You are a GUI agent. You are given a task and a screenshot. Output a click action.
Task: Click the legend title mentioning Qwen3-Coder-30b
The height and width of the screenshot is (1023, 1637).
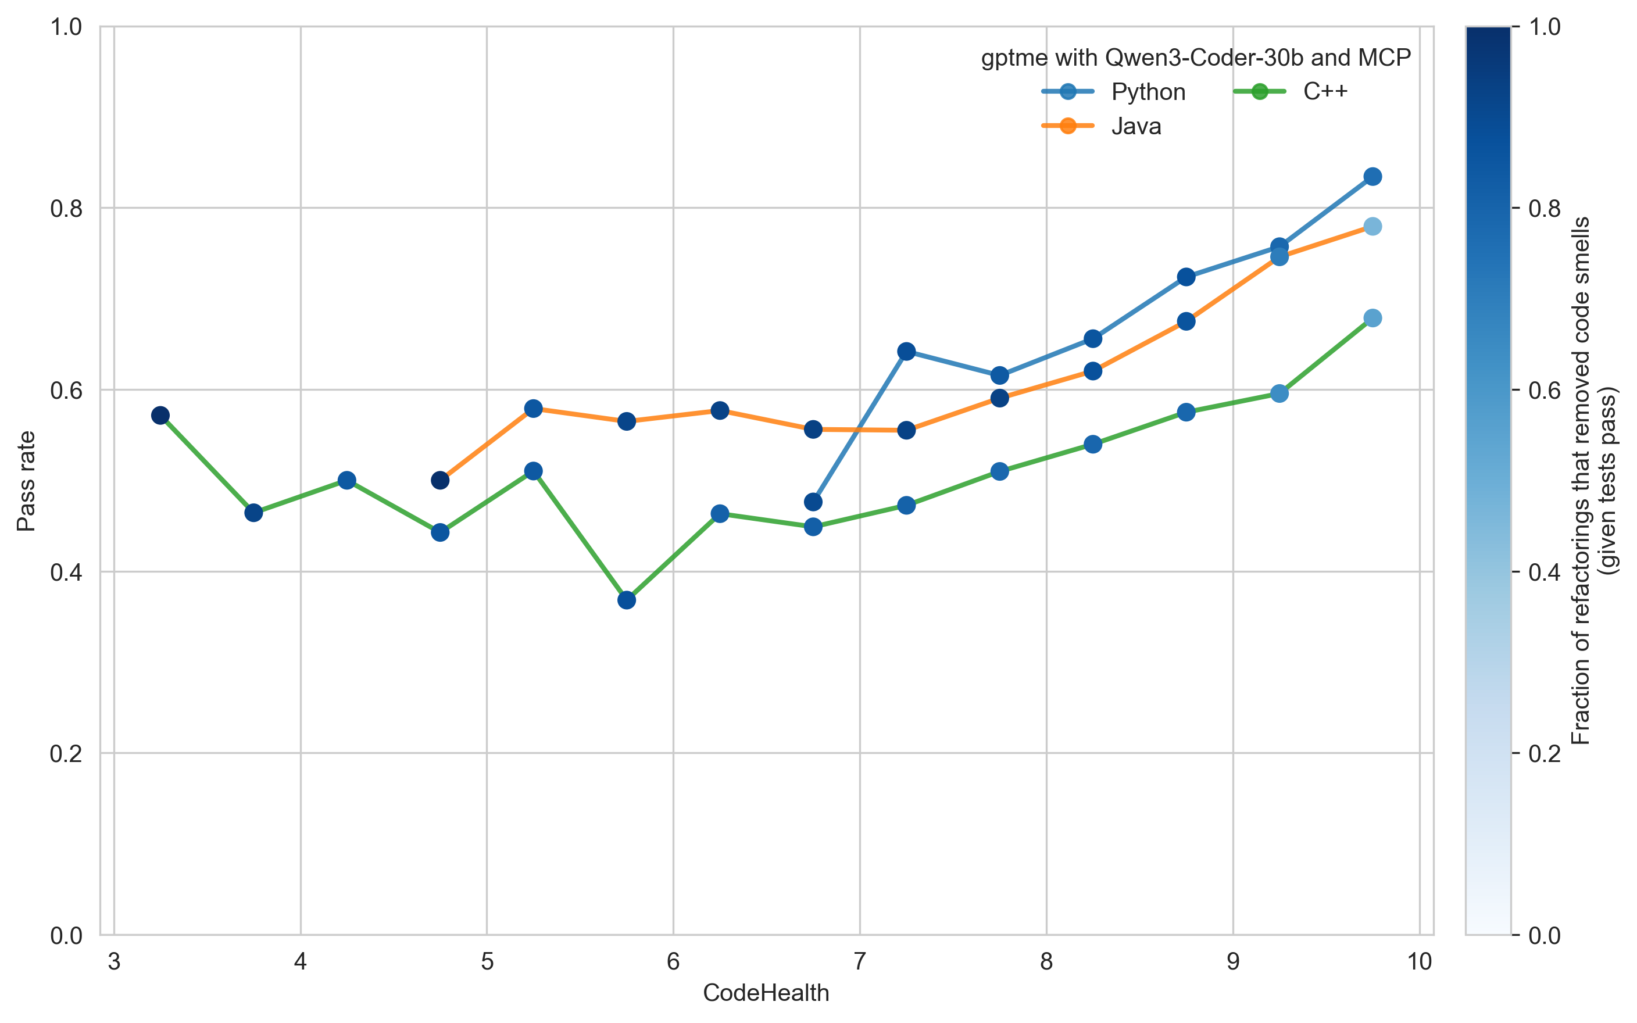[1195, 58]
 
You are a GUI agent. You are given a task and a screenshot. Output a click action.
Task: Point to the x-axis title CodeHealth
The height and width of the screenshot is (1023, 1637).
[766, 993]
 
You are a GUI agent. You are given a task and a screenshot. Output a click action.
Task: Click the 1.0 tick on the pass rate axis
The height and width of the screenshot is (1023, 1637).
[66, 27]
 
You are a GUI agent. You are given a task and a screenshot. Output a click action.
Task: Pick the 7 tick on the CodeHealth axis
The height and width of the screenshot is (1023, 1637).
[860, 961]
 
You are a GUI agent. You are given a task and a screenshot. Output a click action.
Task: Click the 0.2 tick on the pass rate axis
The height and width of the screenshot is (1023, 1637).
[66, 754]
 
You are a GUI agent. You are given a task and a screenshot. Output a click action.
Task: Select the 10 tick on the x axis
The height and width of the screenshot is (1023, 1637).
[1419, 961]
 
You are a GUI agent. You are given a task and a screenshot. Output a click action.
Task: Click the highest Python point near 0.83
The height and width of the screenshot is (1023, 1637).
[1372, 177]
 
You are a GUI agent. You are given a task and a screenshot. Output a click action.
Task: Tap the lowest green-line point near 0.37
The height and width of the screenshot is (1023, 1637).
[627, 600]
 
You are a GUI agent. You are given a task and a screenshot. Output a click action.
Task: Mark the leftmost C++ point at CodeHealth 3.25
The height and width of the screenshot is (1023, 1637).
[160, 416]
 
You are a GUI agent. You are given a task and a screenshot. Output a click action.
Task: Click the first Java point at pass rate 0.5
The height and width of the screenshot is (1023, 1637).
[439, 480]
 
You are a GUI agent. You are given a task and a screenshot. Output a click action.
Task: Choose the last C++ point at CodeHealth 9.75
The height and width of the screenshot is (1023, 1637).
[1372, 318]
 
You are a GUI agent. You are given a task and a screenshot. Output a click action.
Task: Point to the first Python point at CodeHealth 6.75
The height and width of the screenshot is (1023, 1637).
[813, 502]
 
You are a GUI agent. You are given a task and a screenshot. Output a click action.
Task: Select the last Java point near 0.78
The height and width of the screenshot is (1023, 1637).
[1372, 227]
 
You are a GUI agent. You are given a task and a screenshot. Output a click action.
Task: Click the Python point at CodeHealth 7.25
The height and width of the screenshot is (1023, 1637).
[906, 351]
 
